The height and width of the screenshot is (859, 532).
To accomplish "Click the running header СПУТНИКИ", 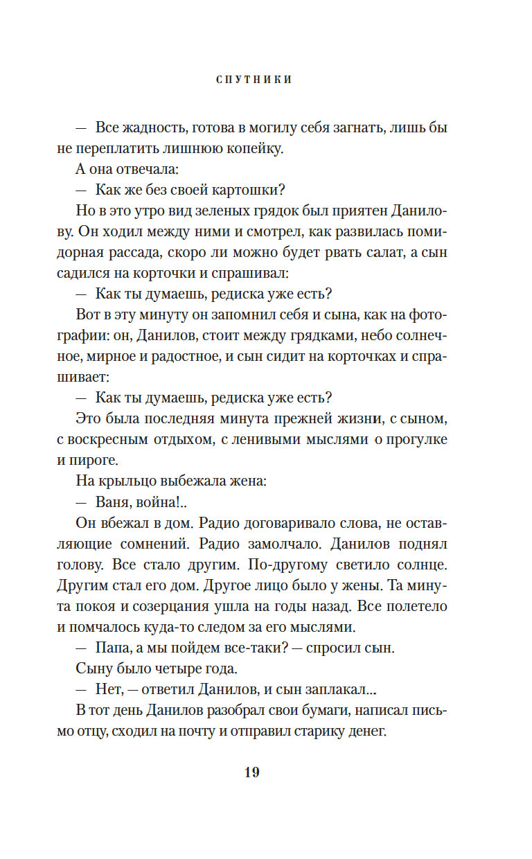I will (x=254, y=80).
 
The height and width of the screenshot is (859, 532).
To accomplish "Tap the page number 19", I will (x=251, y=772).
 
